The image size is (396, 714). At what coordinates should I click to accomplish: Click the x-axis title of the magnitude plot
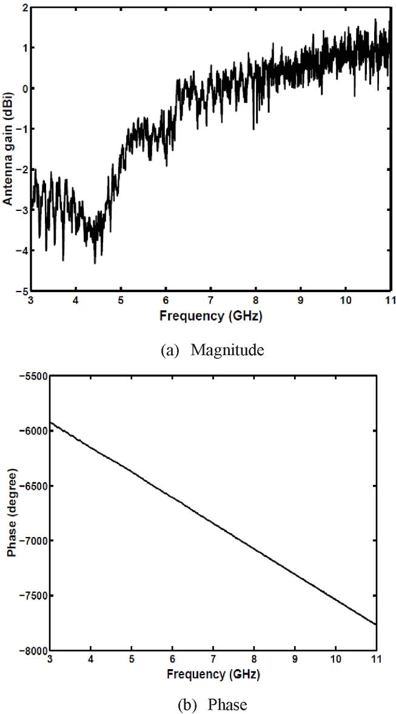tap(211, 316)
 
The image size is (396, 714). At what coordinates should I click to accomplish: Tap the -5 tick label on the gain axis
tap(22, 291)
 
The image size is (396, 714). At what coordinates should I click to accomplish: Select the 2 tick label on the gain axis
tap(25, 8)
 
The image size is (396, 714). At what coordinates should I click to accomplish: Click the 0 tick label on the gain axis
tap(25, 88)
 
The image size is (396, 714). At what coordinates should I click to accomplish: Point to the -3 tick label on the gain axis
tap(22, 210)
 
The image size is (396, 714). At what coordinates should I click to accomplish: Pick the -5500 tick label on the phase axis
tap(29, 376)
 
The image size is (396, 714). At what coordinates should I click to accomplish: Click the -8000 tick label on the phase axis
tap(29, 651)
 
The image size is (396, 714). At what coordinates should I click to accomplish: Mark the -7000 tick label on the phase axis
tap(29, 541)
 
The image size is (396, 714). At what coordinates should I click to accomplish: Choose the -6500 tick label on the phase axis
tap(29, 486)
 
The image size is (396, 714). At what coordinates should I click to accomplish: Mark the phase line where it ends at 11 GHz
tap(377, 624)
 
